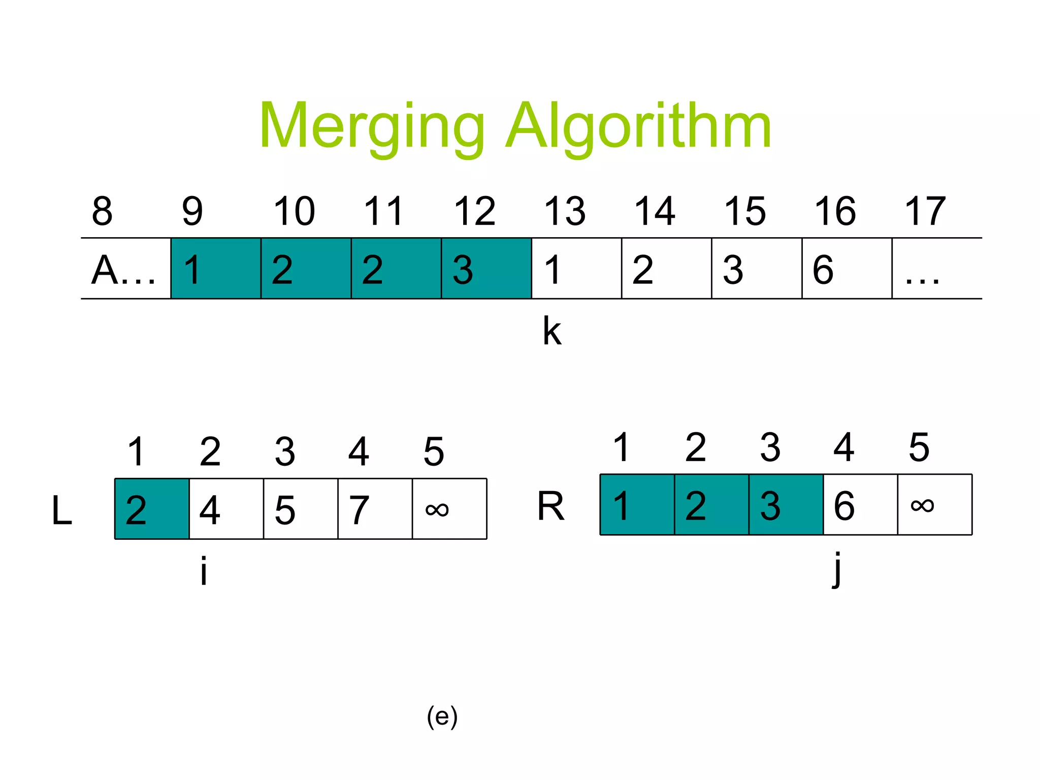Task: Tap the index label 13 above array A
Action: (x=565, y=211)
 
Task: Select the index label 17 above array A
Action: (x=925, y=211)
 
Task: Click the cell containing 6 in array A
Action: (x=847, y=269)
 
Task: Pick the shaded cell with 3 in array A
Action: (x=486, y=269)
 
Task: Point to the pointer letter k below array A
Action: (x=552, y=331)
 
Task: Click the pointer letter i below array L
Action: (x=204, y=570)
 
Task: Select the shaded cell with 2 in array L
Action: (x=152, y=509)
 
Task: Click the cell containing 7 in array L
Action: (x=375, y=509)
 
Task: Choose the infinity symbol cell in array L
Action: (x=449, y=509)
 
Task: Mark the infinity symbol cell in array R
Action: (x=935, y=505)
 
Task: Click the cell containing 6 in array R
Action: (x=860, y=505)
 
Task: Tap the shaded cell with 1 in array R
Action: (x=637, y=505)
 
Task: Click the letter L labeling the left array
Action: (x=62, y=510)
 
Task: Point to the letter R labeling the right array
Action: (x=551, y=506)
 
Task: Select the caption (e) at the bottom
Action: (x=442, y=717)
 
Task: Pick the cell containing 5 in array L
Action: (x=300, y=509)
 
